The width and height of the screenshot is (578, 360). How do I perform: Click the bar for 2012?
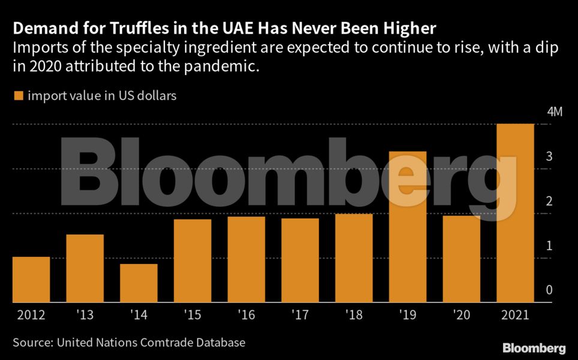coord(31,279)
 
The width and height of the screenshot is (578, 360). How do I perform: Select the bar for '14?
coord(139,283)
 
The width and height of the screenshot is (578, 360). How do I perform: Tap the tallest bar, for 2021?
coord(515,212)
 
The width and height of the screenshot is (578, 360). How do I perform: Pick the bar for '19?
coord(408,226)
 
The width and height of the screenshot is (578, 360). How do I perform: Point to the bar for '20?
coord(462,258)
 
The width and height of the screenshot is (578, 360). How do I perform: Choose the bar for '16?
coord(246,259)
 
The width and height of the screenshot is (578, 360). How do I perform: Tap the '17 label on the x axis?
coord(300,315)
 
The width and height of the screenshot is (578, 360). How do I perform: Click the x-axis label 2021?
coord(515,315)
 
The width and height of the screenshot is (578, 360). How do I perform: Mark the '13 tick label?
coord(85,315)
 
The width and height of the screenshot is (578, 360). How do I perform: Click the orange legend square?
coord(17,95)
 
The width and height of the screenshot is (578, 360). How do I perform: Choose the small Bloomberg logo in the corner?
coord(534,347)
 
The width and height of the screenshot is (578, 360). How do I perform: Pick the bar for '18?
coord(354,257)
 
